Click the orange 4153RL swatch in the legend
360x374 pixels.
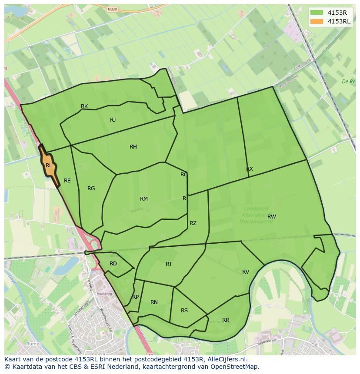[x=317, y=21]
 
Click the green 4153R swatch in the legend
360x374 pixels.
[x=317, y=13]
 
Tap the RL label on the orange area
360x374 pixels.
[x=49, y=165]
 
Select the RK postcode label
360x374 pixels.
[x=84, y=106]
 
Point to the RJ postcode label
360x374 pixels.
[x=113, y=120]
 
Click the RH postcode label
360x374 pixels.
[x=133, y=147]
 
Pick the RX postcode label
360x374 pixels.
[x=250, y=169]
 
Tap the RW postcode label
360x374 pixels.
[x=272, y=216]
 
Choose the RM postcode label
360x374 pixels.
[x=144, y=199]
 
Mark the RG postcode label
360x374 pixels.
[x=91, y=189]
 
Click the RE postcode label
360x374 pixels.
[x=67, y=181]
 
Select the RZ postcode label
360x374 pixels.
[x=193, y=223]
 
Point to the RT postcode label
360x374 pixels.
[x=169, y=264]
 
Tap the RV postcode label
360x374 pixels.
[x=246, y=272]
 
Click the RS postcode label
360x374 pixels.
[x=184, y=311]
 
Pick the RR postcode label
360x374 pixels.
[x=226, y=320]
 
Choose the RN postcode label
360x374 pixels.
[x=154, y=302]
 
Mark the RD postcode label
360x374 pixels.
[x=113, y=264]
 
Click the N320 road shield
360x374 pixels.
[x=112, y=8]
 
